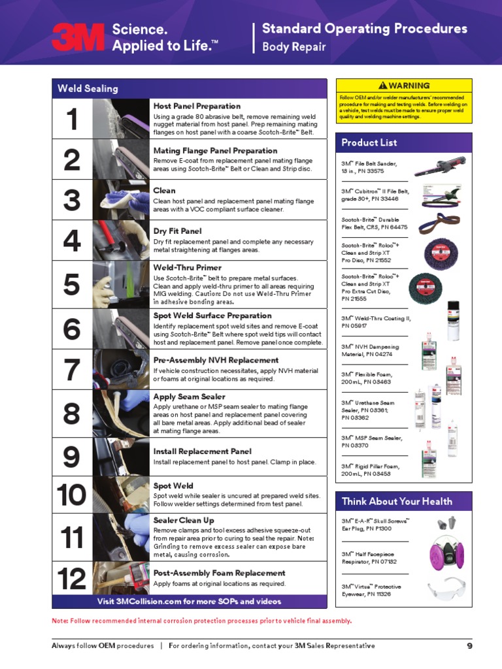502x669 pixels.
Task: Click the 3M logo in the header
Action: coord(78,37)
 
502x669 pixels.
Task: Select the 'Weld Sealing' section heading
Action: coord(88,88)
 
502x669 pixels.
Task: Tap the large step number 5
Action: coord(73,285)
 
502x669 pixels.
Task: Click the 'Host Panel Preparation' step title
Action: coord(197,106)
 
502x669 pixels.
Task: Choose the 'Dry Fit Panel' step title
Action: coord(178,231)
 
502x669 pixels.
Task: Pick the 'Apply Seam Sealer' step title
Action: coord(189,397)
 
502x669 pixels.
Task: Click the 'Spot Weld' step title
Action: coord(173,486)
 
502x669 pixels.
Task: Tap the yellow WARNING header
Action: coord(404,86)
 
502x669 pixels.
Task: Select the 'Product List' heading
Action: coord(369,142)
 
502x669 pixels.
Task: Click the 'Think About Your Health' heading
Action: coord(397,501)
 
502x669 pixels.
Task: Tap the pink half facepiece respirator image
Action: coord(446,553)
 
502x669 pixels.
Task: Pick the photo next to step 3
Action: coord(125,200)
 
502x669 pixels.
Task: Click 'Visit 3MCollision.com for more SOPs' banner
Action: coord(189,601)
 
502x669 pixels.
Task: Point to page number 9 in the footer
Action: coord(469,646)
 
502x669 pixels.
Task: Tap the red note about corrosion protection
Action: coord(201,621)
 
